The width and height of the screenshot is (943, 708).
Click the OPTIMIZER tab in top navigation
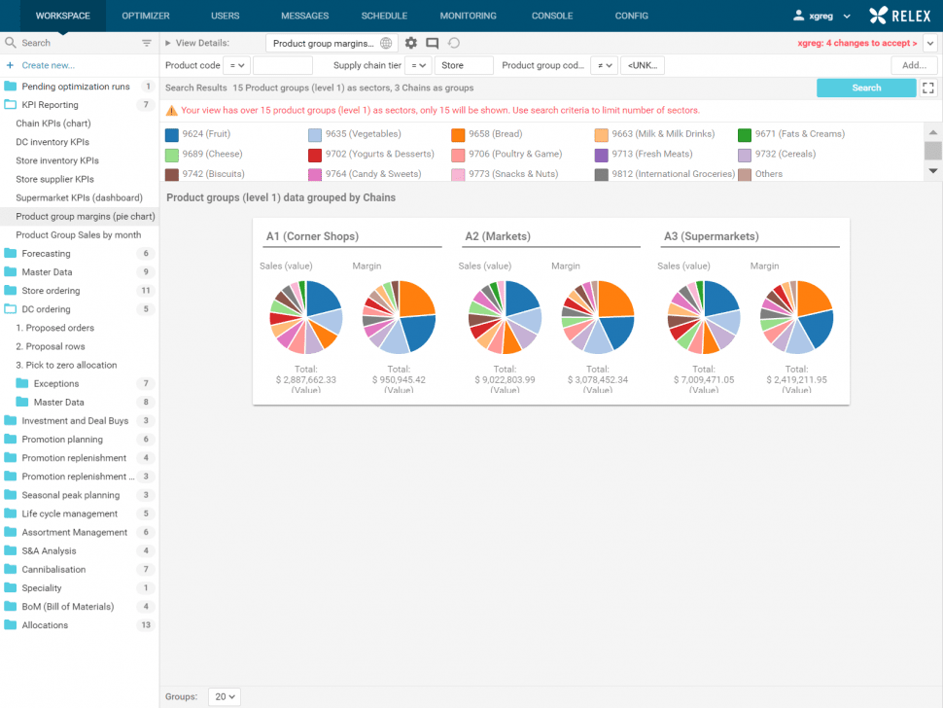click(x=146, y=16)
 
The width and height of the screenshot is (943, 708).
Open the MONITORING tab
click(x=468, y=16)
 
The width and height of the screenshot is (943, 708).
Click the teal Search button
click(x=865, y=88)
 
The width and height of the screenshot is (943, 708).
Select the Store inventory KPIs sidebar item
click(x=57, y=160)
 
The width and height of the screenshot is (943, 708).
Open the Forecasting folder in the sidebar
click(x=46, y=254)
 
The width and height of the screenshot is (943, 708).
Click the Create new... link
click(x=48, y=65)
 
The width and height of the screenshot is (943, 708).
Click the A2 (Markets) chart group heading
click(x=499, y=236)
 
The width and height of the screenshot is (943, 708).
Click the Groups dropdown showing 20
click(x=225, y=696)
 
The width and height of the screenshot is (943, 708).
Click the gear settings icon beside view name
click(x=411, y=43)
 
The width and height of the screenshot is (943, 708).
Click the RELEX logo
click(x=899, y=16)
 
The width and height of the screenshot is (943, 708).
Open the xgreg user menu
click(x=822, y=16)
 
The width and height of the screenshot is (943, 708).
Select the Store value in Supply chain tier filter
click(x=464, y=65)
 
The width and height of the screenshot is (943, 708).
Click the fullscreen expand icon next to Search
click(x=928, y=88)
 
